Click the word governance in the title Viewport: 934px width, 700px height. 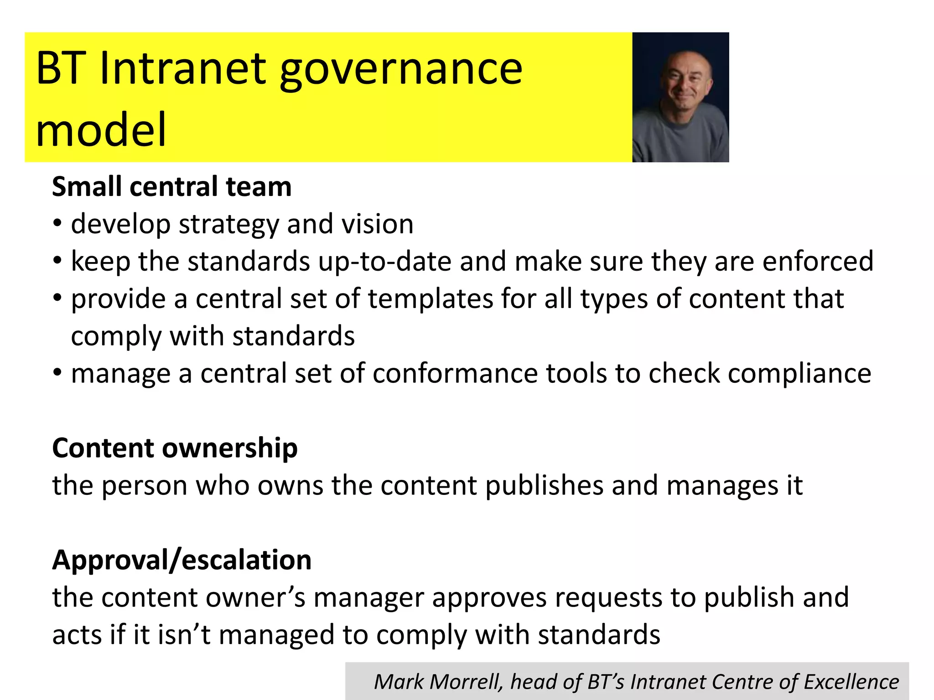coord(400,69)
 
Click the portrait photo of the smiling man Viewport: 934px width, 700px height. coord(680,97)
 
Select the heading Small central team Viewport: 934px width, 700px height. coord(171,187)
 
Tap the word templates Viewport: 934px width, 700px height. coord(431,299)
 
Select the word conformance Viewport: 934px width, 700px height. coord(455,374)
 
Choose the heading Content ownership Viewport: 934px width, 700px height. coord(175,448)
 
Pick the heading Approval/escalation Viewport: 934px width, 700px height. coord(182,560)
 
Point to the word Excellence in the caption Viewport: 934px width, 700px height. coord(851,682)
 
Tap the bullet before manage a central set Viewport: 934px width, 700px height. coord(57,373)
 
